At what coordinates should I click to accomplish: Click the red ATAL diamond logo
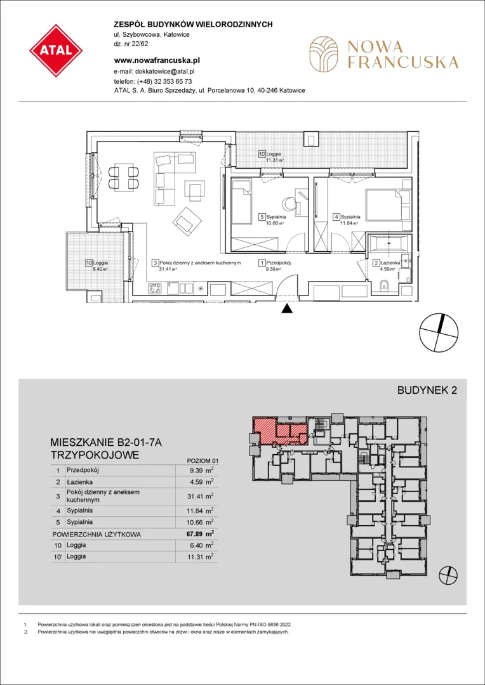coord(56,51)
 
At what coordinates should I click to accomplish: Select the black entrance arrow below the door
coord(286,309)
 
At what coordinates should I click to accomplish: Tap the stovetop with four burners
coord(156,289)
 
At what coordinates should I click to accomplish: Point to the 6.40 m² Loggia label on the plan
coord(98,266)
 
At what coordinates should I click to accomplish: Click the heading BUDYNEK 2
coord(427,391)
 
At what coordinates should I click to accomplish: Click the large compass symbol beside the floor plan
coord(439,333)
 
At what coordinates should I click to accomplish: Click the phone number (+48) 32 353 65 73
coord(164,81)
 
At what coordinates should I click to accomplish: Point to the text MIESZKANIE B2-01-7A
coord(107,443)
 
